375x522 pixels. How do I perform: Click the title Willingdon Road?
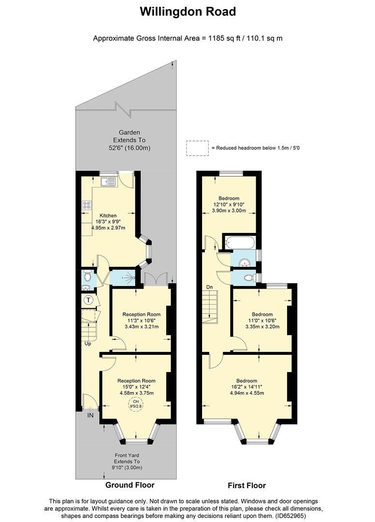187,12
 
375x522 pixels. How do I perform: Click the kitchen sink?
108,181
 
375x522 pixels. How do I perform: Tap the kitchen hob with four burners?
87,205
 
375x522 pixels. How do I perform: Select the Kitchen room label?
108,216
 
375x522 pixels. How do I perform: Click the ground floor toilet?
87,277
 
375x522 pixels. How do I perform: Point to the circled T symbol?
88,300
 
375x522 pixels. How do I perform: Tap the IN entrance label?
90,415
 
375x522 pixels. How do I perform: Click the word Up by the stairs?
88,344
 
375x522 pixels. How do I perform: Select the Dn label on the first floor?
210,287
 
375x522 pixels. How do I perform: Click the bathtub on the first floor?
240,242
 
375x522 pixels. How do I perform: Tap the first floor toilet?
248,277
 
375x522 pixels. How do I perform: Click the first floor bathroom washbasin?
245,261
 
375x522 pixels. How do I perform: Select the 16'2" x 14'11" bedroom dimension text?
246,387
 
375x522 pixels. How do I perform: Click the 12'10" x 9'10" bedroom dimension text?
229,204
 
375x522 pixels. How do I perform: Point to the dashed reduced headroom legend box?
197,148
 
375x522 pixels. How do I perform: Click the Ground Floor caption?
130,485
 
